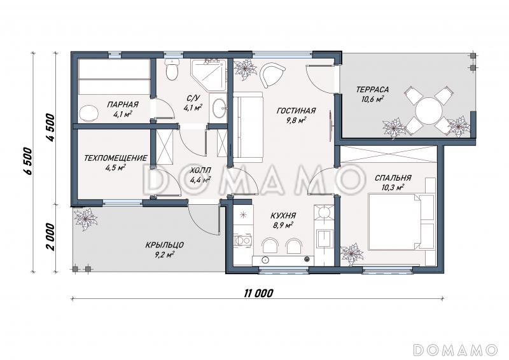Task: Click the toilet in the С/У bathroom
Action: (x=172, y=69)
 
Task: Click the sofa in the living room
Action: (x=249, y=128)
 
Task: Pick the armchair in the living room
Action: (x=272, y=74)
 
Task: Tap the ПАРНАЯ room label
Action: (x=123, y=104)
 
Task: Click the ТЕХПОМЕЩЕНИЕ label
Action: (x=116, y=158)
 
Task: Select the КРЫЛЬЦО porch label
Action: (x=164, y=245)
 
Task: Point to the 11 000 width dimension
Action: (x=258, y=294)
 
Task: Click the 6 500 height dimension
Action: (x=29, y=162)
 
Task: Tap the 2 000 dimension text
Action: (x=50, y=237)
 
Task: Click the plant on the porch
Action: (x=85, y=219)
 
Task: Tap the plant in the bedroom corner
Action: (x=352, y=253)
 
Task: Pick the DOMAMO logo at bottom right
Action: (x=455, y=350)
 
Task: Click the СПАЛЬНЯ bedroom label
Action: (x=393, y=178)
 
